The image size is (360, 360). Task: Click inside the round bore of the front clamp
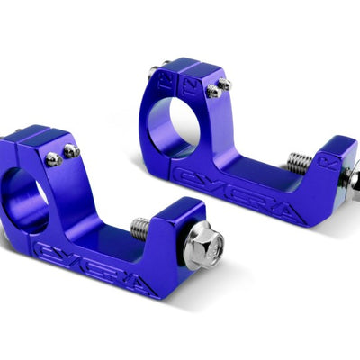coord(24,197)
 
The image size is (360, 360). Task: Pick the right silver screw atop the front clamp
coord(71,152)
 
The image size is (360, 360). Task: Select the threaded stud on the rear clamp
coord(300,163)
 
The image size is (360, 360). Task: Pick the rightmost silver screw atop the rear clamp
coord(224,85)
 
